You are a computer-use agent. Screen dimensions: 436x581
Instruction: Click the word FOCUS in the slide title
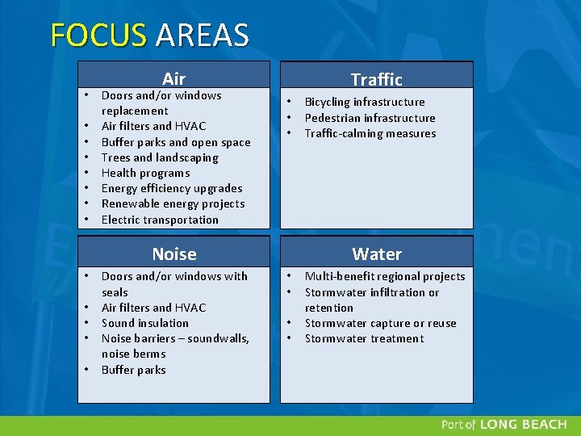click(x=98, y=36)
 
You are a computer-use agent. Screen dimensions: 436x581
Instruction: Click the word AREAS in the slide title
click(x=202, y=36)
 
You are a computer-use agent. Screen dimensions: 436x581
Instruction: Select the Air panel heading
click(x=173, y=78)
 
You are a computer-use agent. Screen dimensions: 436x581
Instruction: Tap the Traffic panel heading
click(x=376, y=78)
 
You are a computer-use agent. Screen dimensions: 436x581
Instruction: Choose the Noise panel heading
click(x=173, y=254)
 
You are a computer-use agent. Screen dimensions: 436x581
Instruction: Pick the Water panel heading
click(x=376, y=254)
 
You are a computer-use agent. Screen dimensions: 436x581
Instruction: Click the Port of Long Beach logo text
click(x=505, y=425)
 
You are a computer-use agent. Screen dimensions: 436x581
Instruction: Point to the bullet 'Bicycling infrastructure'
click(x=364, y=102)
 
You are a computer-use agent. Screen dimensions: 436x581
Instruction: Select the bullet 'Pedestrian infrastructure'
click(x=370, y=118)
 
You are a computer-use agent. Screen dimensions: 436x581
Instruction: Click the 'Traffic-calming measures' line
click(x=370, y=133)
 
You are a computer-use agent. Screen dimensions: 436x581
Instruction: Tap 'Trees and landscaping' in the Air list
click(x=160, y=157)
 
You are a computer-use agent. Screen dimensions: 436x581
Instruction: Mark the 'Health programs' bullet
click(x=145, y=173)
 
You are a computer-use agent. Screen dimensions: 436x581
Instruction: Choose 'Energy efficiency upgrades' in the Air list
click(x=171, y=188)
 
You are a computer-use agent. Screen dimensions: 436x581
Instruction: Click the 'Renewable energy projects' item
click(x=173, y=203)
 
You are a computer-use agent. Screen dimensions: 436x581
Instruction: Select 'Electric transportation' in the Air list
click(x=160, y=220)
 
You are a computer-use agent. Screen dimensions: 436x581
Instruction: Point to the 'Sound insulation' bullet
click(x=144, y=323)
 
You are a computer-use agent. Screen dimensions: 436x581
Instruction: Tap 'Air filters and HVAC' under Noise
click(x=153, y=308)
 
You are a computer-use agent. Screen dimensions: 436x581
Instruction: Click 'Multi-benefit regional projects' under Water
click(x=385, y=276)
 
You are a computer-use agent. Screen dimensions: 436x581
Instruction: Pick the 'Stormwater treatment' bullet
click(x=364, y=338)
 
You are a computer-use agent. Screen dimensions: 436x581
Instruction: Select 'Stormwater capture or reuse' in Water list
click(x=380, y=323)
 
